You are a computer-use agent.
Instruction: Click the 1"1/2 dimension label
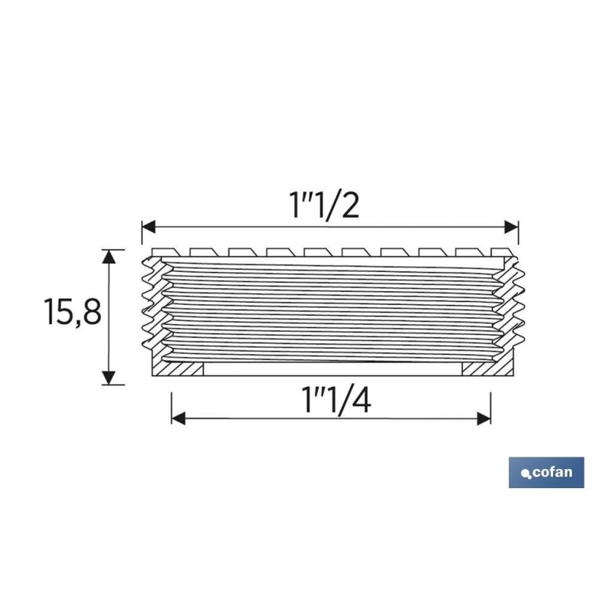pos(323,205)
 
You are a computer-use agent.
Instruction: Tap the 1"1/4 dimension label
pos(336,400)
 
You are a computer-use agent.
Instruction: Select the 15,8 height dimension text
pos(73,312)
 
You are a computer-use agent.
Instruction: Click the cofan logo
pos(546,472)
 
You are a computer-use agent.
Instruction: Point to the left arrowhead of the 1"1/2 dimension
pos(149,227)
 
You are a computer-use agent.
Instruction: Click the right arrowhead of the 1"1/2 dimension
pos(511,227)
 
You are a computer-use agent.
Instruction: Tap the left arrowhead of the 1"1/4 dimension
pos(179,418)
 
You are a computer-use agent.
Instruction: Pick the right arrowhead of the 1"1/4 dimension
pos(484,418)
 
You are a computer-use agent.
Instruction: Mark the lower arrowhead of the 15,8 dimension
pos(109,378)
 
